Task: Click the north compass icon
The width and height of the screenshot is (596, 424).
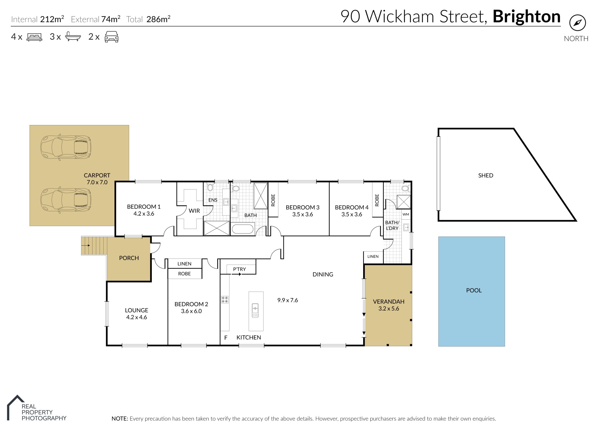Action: pos(577,23)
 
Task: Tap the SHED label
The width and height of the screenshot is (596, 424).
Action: pos(485,176)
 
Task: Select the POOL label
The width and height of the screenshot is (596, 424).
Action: pos(474,291)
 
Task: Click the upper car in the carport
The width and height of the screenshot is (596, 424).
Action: pos(66,148)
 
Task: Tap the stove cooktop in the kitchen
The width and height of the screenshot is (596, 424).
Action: pos(225,300)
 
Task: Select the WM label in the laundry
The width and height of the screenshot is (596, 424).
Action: pos(406,214)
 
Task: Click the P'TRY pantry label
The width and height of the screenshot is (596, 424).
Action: pos(239,269)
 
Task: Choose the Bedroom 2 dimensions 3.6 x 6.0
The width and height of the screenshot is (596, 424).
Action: pos(191,311)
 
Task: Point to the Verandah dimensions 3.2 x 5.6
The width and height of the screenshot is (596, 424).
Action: pos(389,309)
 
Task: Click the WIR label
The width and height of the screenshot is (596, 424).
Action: pos(194,211)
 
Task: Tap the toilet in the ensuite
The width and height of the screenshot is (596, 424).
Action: pos(210,187)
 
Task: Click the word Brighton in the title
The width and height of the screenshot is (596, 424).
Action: pos(526,16)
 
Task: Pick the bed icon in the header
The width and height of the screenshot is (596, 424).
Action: pos(34,37)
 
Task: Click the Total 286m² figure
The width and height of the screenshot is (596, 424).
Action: pos(158,19)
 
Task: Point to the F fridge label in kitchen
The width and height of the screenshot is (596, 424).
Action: pos(226,338)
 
